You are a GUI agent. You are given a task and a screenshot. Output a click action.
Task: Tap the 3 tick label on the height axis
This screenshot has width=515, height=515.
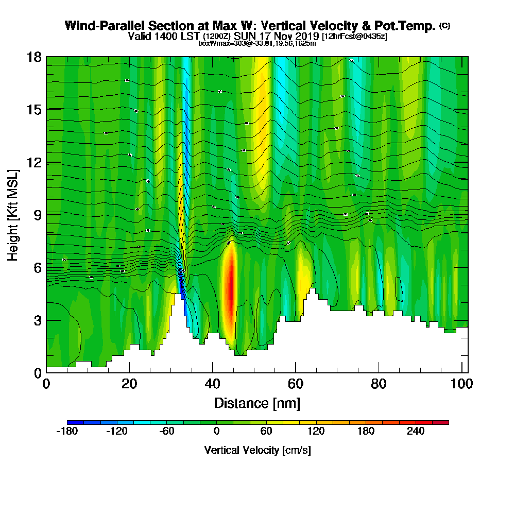[37, 320]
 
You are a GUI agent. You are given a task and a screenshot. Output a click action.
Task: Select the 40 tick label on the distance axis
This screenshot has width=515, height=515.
[213, 384]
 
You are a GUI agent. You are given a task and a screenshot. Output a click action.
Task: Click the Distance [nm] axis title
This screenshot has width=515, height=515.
[257, 403]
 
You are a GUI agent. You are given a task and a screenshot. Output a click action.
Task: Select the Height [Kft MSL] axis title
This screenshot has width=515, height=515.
[13, 214]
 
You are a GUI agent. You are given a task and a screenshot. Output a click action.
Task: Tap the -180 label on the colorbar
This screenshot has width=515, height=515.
[66, 431]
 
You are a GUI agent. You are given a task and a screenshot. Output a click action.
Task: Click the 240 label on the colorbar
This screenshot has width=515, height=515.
[416, 431]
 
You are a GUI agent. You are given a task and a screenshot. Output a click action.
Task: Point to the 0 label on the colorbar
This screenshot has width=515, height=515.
[216, 431]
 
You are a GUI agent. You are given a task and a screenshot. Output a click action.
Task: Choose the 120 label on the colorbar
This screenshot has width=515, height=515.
[316, 431]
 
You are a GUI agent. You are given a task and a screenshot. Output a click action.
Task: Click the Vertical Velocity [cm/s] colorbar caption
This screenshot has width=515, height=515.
[257, 450]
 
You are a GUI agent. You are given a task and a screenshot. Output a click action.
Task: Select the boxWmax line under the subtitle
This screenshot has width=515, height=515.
[257, 43]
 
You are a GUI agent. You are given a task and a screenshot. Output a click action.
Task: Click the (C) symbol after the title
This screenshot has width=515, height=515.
[444, 25]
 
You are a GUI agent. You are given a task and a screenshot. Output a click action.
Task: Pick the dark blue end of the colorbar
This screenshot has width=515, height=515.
[71, 422]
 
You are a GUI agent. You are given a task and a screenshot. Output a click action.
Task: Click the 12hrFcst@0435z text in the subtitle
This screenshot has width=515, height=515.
[354, 37]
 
